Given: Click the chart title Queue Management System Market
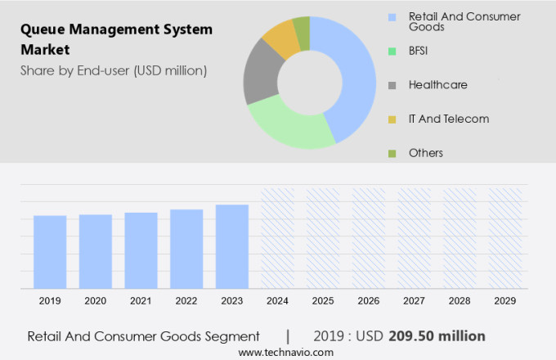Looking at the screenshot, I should tap(116, 38).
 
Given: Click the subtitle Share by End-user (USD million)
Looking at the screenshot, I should tap(114, 70).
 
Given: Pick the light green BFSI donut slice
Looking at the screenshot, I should tap(286, 127).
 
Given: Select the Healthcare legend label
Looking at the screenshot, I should tap(437, 84).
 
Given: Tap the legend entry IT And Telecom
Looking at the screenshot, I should tap(448, 119).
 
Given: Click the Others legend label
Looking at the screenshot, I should tap(425, 153).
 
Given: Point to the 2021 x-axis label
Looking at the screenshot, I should tap(141, 301).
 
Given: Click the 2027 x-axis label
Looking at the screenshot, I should tap(414, 301).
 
